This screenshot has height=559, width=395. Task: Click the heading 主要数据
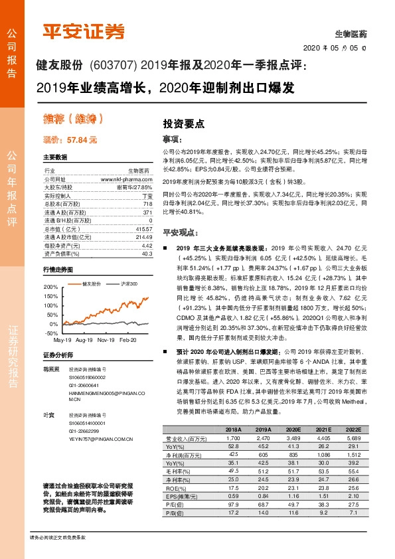[54, 157]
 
